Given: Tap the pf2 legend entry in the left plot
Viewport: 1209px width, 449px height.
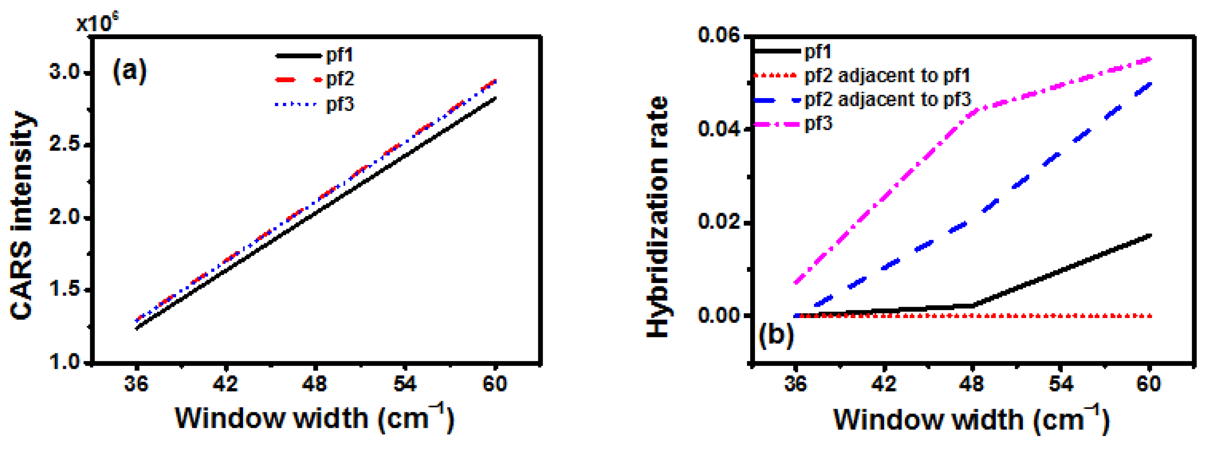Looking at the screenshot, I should pyautogui.click(x=340, y=79).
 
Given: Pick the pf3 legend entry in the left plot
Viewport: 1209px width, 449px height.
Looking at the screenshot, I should pyautogui.click(x=340, y=104).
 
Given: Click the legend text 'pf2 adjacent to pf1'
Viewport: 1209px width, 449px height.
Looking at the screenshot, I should pyautogui.click(x=887, y=75).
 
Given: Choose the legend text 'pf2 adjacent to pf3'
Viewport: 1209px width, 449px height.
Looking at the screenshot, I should pyautogui.click(x=887, y=99).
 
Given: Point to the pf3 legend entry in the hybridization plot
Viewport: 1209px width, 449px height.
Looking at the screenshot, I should pyautogui.click(x=818, y=124).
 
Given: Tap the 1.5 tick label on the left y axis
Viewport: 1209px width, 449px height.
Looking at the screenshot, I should pyautogui.click(x=64, y=289).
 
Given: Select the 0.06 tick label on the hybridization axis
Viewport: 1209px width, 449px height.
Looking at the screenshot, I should pyautogui.click(x=719, y=35).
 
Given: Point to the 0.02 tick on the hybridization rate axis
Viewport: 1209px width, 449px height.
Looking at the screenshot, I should pyautogui.click(x=719, y=222).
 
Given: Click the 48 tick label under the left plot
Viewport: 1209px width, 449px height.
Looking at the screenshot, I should pyautogui.click(x=314, y=384).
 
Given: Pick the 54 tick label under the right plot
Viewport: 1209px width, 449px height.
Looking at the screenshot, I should pyautogui.click(x=1061, y=384).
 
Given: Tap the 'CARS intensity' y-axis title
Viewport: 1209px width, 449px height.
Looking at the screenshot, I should pyautogui.click(x=22, y=216).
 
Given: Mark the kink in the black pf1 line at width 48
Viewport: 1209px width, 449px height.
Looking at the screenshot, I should pyautogui.click(x=972, y=306).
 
